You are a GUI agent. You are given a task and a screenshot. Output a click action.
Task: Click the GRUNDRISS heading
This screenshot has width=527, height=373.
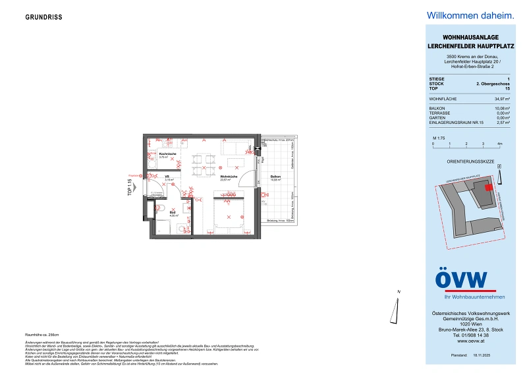click(43, 17)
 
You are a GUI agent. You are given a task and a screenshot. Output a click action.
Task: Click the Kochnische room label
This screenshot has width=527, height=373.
click(167, 155)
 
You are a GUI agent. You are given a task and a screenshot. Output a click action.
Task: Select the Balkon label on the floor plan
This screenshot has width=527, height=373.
click(275, 177)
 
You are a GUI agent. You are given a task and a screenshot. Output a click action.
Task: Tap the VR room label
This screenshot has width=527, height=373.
click(168, 177)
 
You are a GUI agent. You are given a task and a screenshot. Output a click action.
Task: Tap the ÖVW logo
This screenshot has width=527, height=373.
click(461, 279)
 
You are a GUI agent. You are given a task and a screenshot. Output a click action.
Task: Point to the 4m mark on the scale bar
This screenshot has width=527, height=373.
click(499, 143)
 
